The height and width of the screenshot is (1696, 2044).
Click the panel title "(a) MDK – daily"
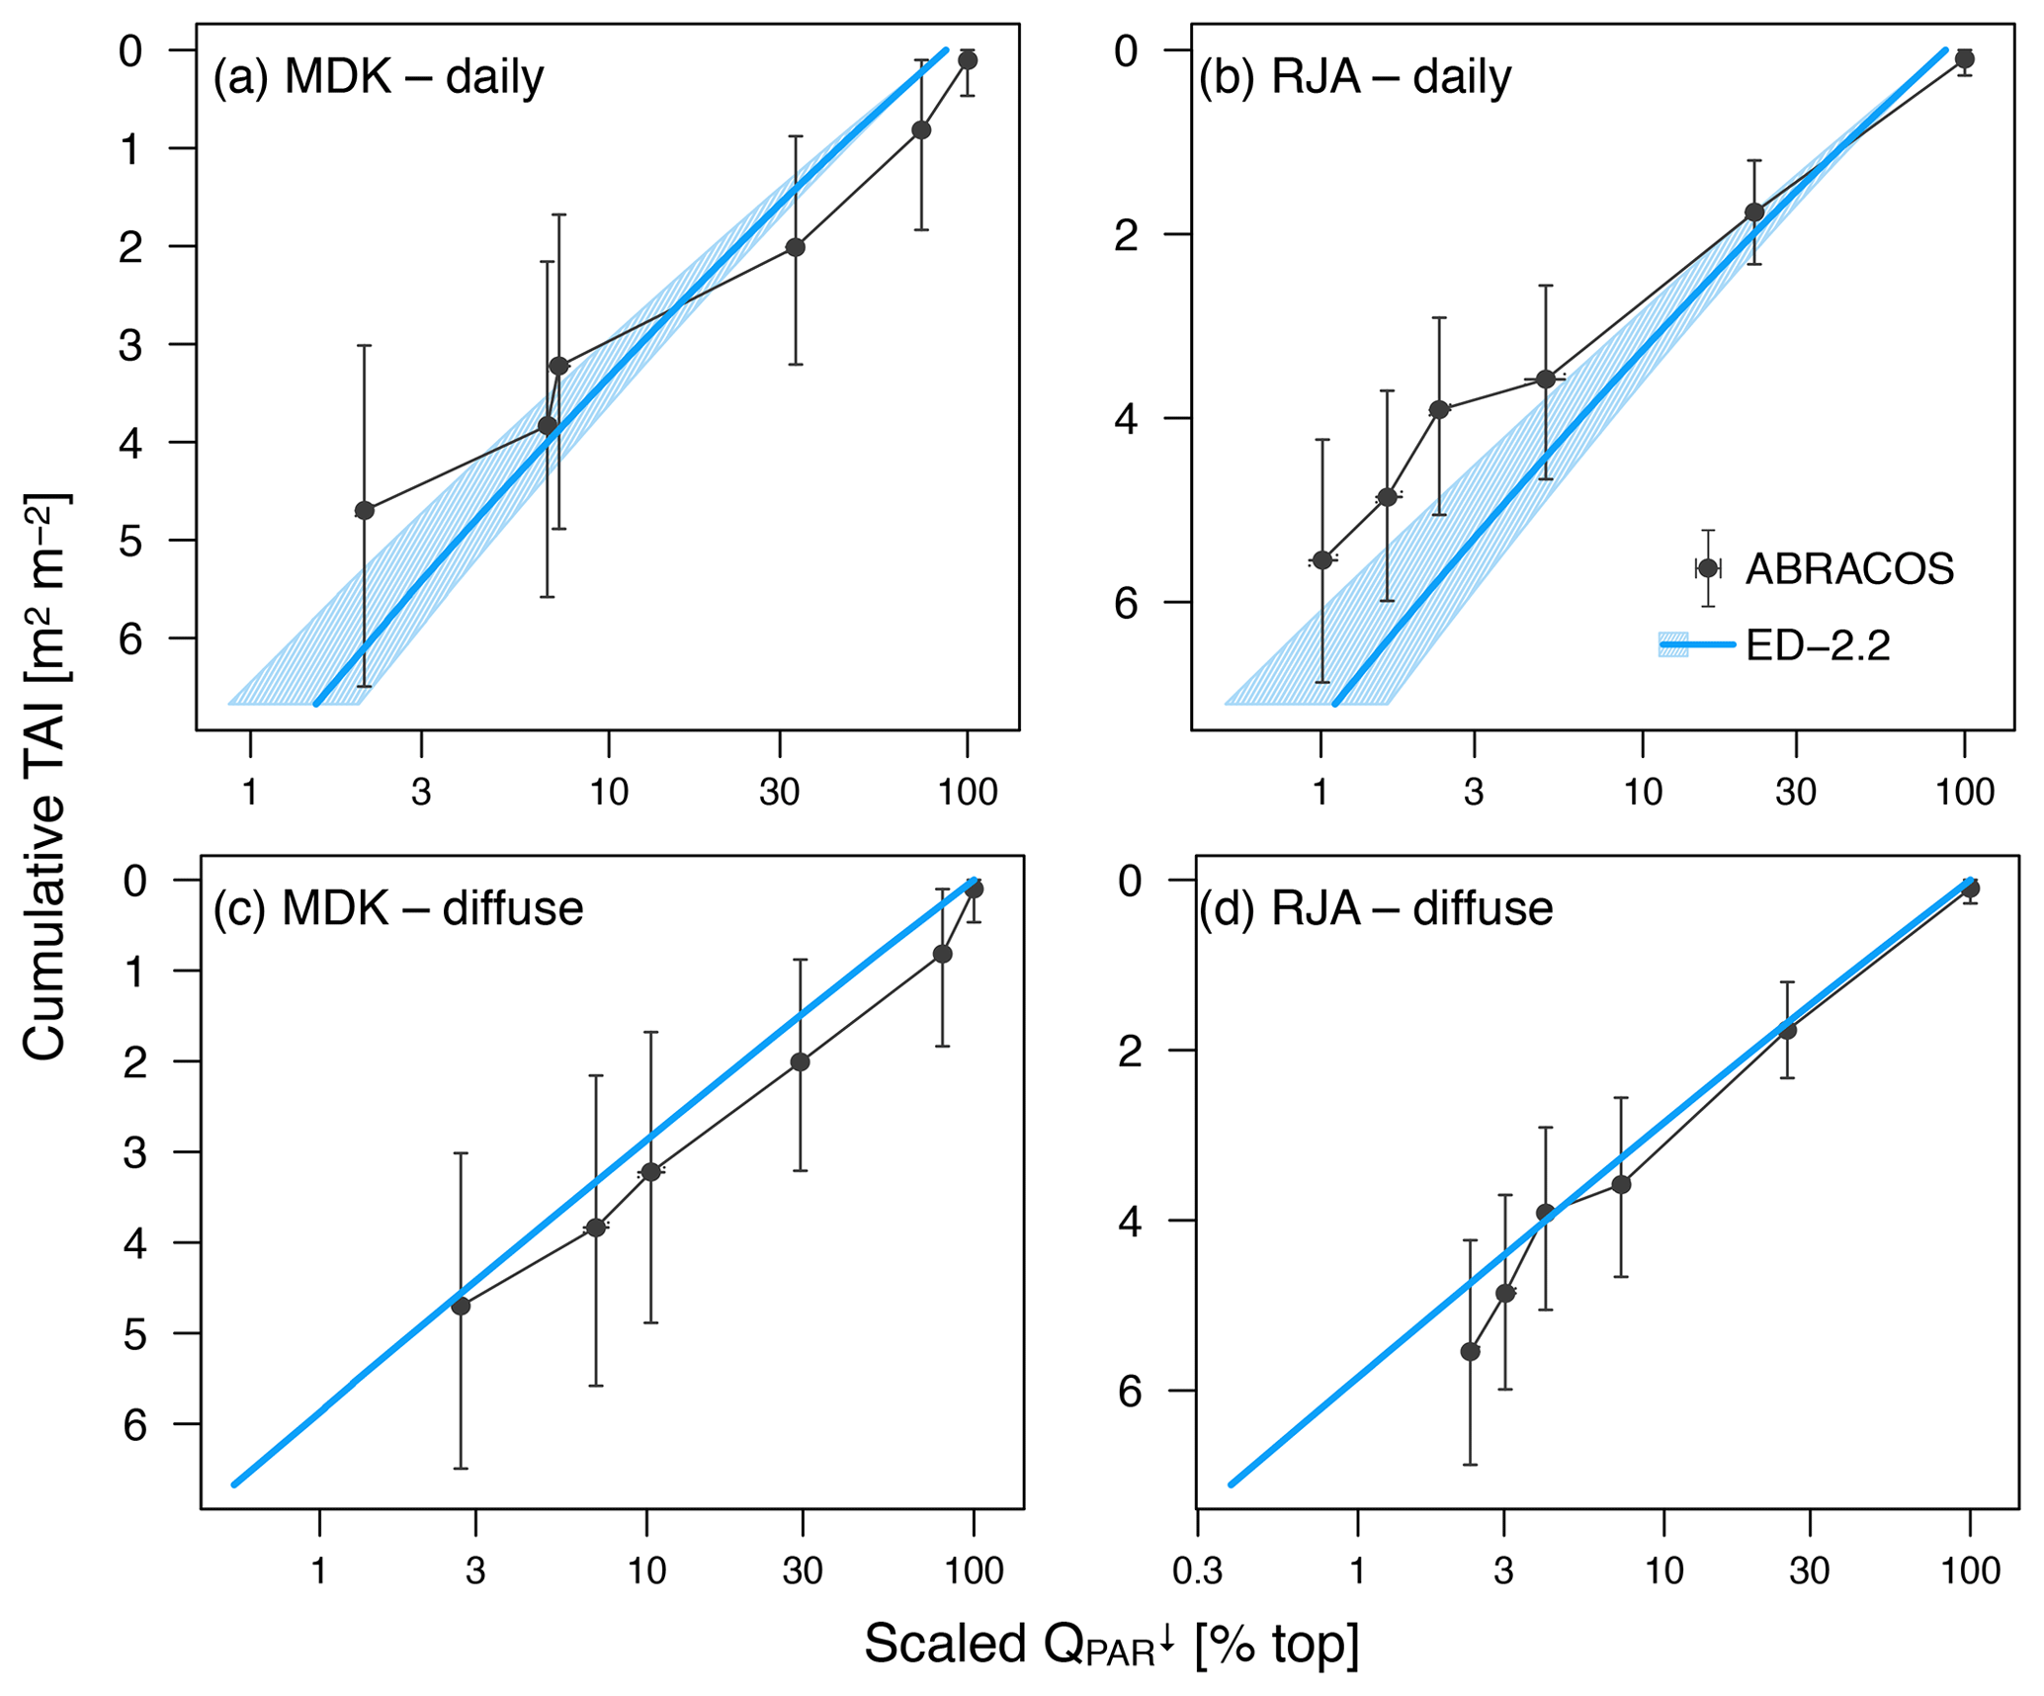click(379, 77)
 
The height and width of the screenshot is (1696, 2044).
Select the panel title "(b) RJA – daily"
click(1354, 77)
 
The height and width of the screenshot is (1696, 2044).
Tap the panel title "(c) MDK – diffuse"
click(397, 908)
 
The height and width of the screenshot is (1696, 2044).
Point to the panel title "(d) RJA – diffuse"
click(1375, 908)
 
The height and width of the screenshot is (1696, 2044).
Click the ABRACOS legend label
click(1849, 568)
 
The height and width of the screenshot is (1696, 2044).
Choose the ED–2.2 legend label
click(1818, 645)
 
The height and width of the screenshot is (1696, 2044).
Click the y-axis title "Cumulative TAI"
click(44, 776)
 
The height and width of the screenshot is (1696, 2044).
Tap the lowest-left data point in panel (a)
click(364, 510)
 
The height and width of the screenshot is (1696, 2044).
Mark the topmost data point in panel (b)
click(1964, 59)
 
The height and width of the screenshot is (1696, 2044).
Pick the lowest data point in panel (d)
click(1470, 1351)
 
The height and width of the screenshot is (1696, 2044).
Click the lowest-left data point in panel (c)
click(461, 1306)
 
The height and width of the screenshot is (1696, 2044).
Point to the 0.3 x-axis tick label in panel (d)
click(1197, 1570)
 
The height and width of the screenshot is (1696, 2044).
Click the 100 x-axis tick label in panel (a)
click(967, 792)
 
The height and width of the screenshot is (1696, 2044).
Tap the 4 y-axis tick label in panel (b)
click(1126, 419)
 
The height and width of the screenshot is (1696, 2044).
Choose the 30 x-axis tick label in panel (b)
click(1795, 792)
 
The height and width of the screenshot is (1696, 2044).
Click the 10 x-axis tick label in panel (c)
click(646, 1570)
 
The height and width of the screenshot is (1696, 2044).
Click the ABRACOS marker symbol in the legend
click(1707, 568)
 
